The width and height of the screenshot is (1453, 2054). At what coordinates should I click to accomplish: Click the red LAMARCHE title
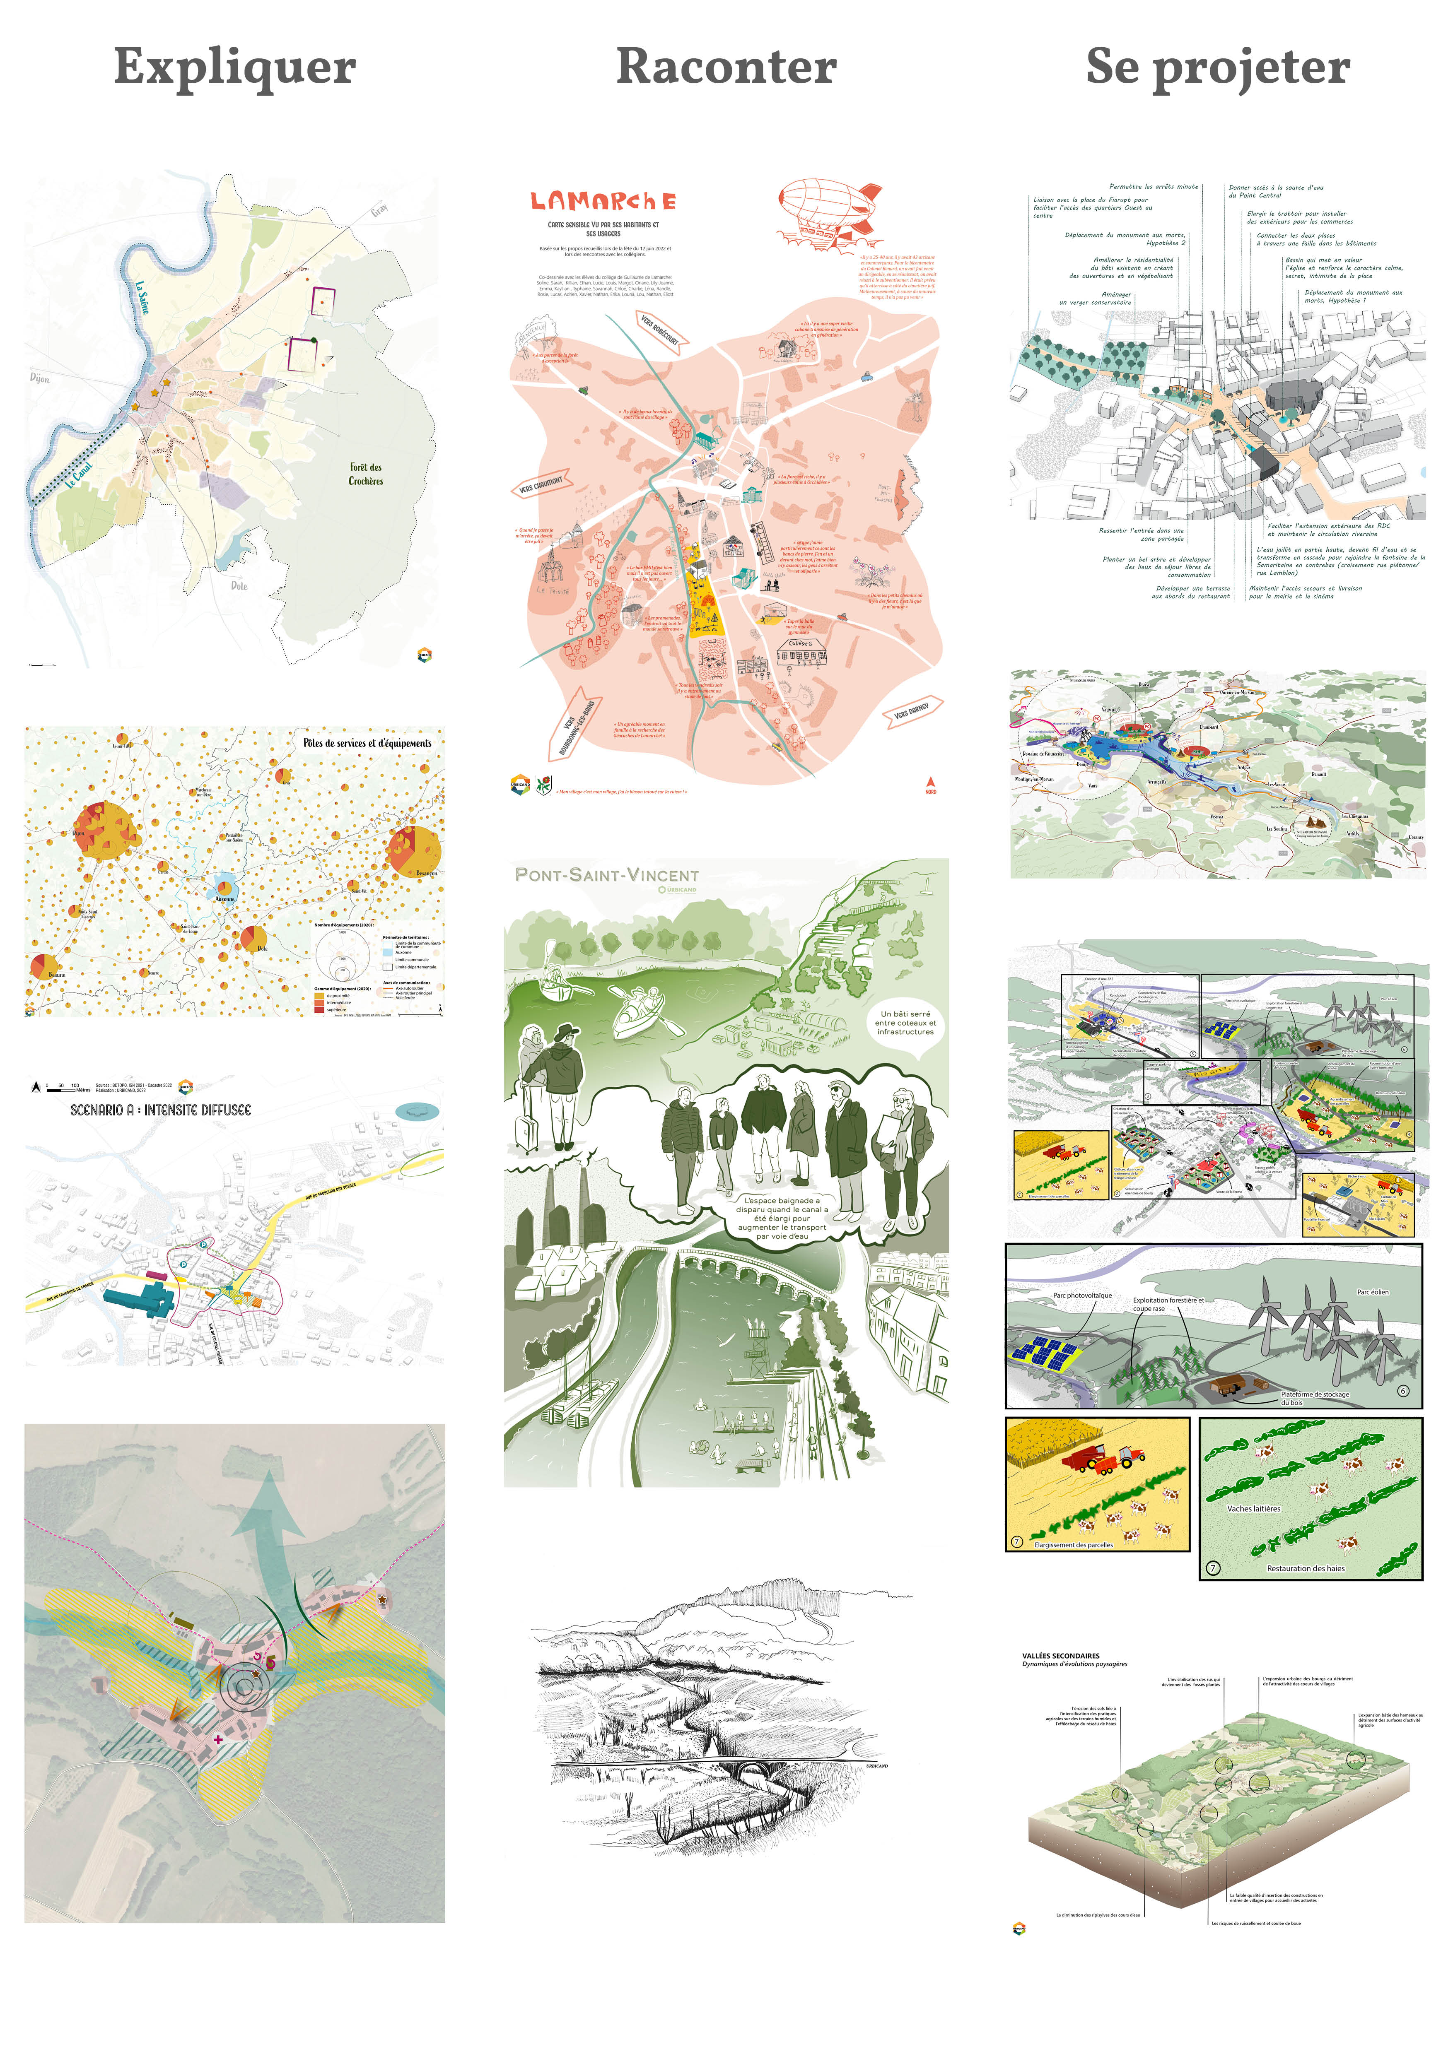coord(603,201)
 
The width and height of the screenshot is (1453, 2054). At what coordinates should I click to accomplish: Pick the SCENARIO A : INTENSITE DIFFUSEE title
coord(161,1110)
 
